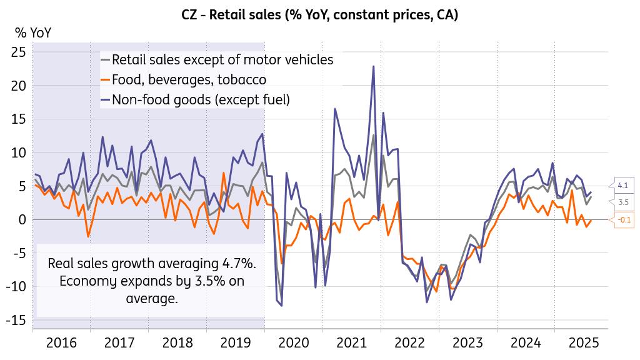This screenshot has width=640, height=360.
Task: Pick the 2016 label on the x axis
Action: (x=61, y=342)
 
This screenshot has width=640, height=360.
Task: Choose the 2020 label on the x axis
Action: (x=294, y=342)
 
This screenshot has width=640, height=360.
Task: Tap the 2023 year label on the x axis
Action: (x=467, y=342)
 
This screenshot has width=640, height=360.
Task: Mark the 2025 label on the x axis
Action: (x=583, y=342)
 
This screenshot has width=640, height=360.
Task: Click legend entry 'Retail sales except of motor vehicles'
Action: (x=222, y=60)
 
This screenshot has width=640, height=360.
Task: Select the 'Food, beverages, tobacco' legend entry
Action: (x=189, y=79)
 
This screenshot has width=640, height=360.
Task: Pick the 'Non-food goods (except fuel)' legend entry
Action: (x=201, y=99)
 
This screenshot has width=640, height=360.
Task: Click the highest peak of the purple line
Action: (x=374, y=66)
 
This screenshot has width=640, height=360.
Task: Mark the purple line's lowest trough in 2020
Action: (x=281, y=306)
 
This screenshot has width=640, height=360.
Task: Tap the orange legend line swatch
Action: (x=105, y=79)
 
